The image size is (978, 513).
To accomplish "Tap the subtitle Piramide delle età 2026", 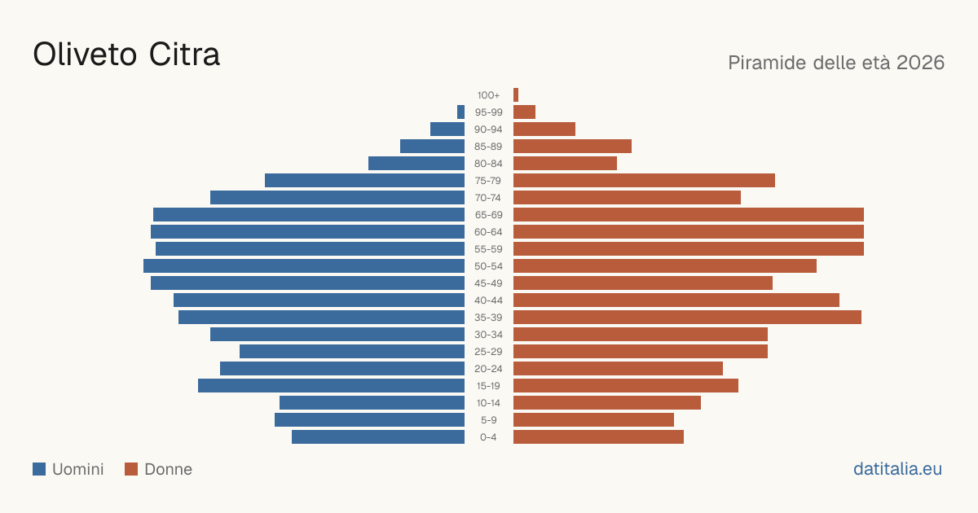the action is tap(836, 63).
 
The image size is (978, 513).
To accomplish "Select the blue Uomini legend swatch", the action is tap(39, 469).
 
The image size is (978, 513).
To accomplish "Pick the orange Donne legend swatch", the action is tap(131, 469).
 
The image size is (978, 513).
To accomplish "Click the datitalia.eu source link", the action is tap(897, 469).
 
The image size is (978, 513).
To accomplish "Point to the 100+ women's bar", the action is tap(516, 94).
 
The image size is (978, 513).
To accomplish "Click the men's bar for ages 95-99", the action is tap(460, 112).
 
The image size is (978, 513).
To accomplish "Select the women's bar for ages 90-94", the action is tap(544, 129).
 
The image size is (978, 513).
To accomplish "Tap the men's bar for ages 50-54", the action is tap(304, 266).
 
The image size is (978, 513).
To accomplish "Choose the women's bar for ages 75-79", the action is tap(644, 181).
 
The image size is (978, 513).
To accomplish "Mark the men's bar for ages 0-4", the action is tap(378, 437).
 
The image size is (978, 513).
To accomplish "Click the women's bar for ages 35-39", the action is tap(687, 317).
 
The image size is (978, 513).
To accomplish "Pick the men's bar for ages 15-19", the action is tap(332, 386).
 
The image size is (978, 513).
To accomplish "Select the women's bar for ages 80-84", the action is tap(565, 164).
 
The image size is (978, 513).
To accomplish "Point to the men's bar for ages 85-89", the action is tap(432, 146).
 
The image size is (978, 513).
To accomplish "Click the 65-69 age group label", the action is tap(488, 215).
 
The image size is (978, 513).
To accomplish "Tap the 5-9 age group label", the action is tap(488, 420).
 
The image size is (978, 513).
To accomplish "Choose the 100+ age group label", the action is tap(488, 95).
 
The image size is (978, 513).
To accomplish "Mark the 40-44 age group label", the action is tap(488, 300).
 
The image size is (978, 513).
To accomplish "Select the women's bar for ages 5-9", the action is tap(594, 420).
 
